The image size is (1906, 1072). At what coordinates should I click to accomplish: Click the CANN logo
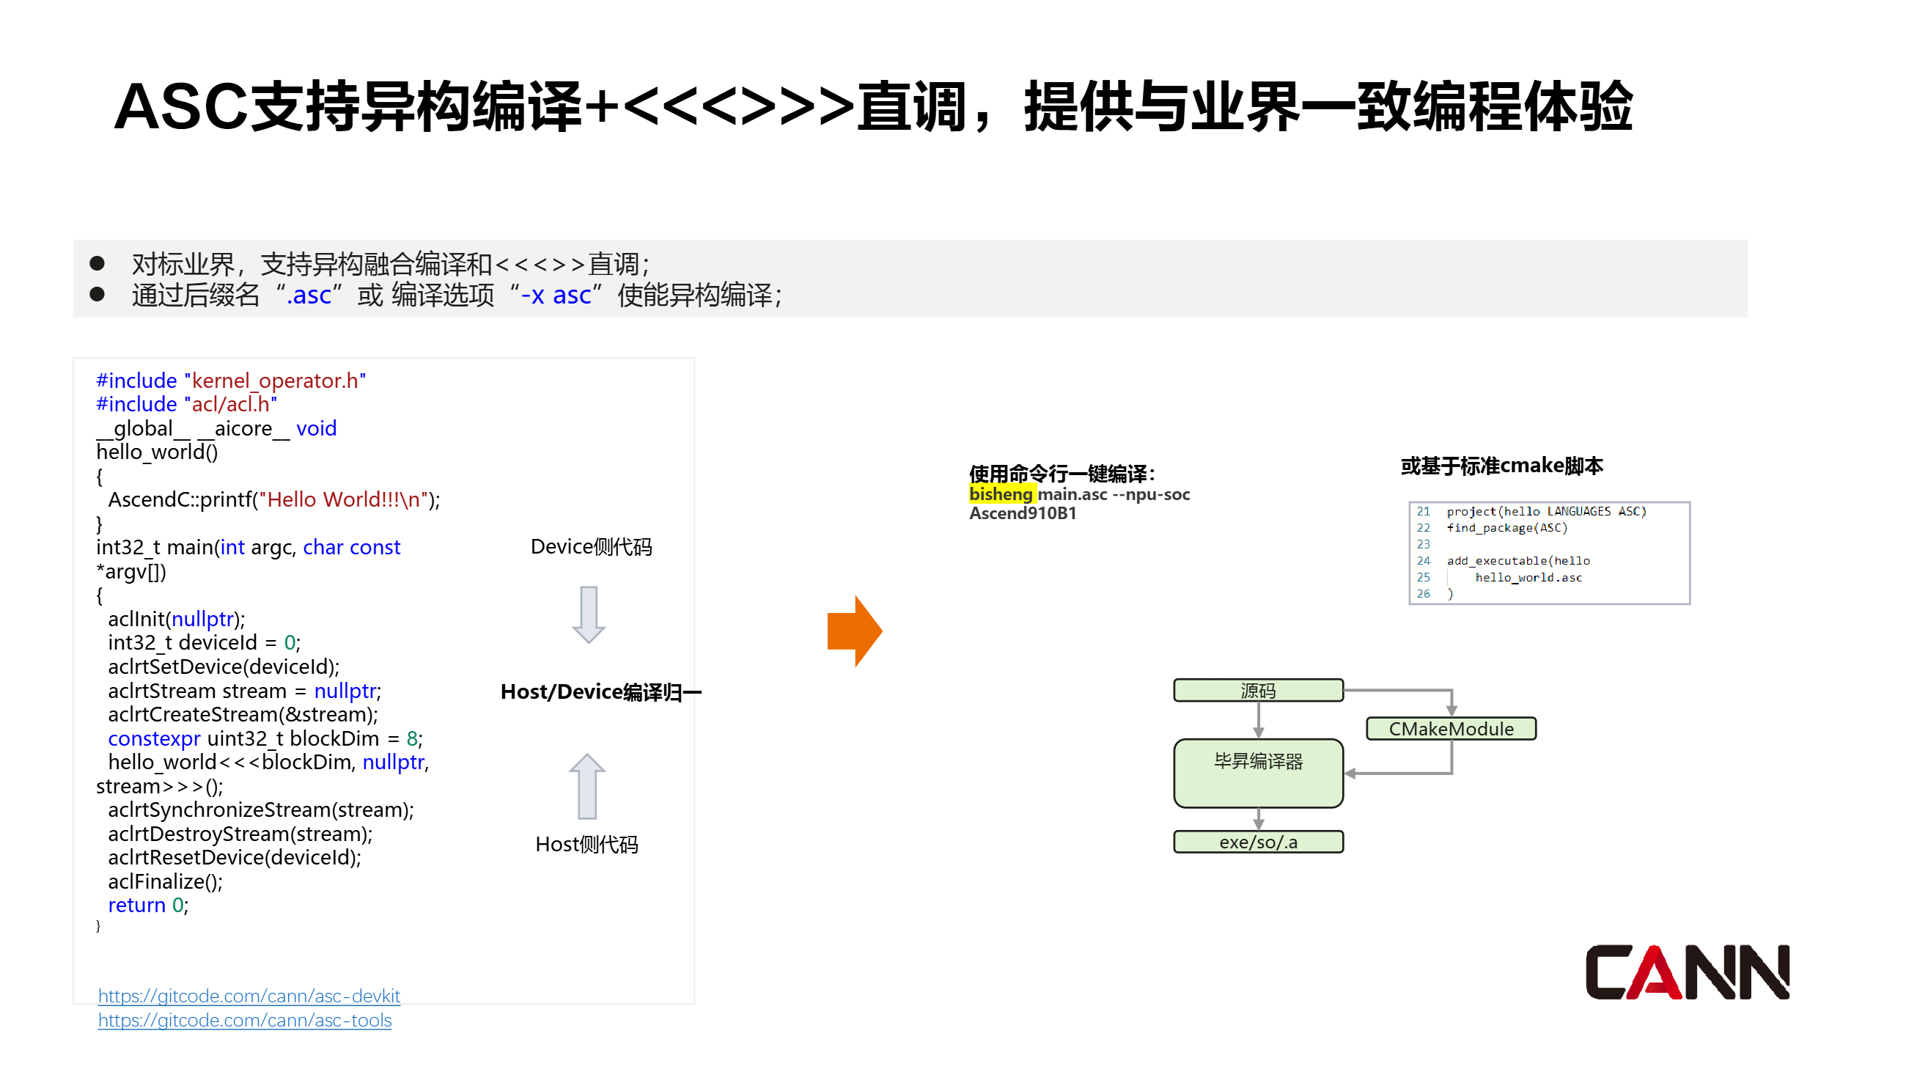[x=1686, y=972]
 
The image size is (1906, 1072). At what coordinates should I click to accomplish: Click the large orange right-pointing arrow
[x=855, y=631]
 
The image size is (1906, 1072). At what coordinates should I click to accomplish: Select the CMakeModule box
[x=1450, y=729]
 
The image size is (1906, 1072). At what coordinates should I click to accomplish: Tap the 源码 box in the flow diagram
[x=1258, y=690]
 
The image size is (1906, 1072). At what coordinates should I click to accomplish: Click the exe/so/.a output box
[x=1258, y=842]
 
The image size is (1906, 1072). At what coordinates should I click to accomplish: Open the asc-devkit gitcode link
[x=249, y=996]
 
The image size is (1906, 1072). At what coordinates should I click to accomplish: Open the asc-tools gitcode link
[x=244, y=1020]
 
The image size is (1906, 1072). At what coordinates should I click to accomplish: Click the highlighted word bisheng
[x=1001, y=494]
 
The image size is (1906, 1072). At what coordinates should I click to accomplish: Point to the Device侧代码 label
[x=591, y=547]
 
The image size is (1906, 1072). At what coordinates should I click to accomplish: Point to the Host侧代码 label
[x=586, y=844]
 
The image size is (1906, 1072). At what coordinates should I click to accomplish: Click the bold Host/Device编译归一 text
[x=601, y=691]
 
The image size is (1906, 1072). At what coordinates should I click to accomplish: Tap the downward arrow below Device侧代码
[x=588, y=614]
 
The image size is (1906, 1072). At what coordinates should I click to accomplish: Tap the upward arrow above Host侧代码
[x=587, y=787]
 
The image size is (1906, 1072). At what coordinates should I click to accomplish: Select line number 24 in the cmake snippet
[x=1423, y=561]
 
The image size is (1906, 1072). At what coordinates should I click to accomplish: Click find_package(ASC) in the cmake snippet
[x=1506, y=528]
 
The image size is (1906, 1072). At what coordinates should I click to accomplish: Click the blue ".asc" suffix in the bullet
[x=309, y=295]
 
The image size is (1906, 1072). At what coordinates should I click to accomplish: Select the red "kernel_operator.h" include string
[x=275, y=381]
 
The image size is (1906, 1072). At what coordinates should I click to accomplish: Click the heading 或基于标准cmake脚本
[x=1501, y=466]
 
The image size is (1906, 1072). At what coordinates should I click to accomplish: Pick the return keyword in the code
[x=136, y=905]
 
